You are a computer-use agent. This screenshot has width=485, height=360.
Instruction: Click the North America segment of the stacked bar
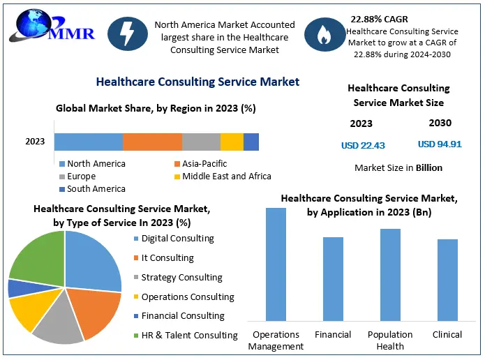point(89,142)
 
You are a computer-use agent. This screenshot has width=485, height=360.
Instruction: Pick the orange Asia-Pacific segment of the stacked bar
point(152,142)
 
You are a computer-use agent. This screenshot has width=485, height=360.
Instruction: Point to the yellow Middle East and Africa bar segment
point(232,142)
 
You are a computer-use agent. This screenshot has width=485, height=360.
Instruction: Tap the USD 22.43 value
point(363,145)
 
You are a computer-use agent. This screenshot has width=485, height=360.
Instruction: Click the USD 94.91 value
point(440,144)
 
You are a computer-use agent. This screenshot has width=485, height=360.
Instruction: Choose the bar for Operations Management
point(276,264)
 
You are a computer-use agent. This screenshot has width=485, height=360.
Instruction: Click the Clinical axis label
point(447,335)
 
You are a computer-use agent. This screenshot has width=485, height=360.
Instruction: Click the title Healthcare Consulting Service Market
point(197,82)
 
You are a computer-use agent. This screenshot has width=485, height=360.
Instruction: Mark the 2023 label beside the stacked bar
point(35,142)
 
